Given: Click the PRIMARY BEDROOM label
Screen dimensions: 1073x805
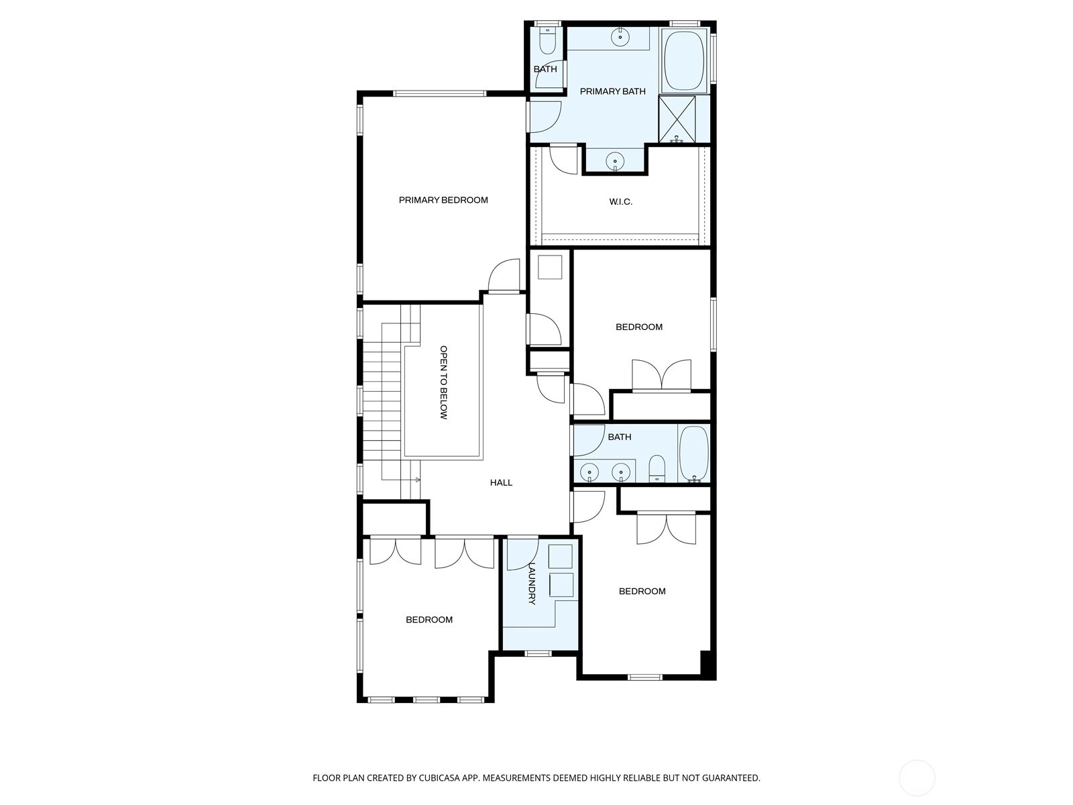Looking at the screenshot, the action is pyautogui.click(x=443, y=200).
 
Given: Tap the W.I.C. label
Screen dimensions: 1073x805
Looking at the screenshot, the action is pyautogui.click(x=620, y=201).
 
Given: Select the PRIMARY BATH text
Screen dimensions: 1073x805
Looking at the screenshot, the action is pyautogui.click(x=612, y=91).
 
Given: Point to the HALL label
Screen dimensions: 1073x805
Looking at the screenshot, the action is pyautogui.click(x=501, y=482).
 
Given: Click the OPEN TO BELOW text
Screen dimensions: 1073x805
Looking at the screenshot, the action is pyautogui.click(x=443, y=382).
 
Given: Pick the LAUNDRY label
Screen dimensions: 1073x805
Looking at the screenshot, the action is pyautogui.click(x=532, y=583).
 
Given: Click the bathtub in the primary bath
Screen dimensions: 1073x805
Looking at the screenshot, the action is pyautogui.click(x=684, y=60).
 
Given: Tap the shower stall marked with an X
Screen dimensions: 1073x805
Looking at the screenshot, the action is pyautogui.click(x=677, y=119).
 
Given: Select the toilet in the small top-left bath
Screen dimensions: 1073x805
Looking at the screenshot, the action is pyautogui.click(x=547, y=41).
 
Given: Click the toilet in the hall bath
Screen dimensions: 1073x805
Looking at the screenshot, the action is pyautogui.click(x=657, y=469).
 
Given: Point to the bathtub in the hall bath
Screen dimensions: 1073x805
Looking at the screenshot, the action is pyautogui.click(x=693, y=453).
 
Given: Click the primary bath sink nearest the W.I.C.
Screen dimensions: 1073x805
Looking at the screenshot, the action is pyautogui.click(x=615, y=161).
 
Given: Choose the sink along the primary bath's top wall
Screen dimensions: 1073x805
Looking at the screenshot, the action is pyautogui.click(x=620, y=37).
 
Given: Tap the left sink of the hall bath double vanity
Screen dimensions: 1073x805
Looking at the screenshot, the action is pyautogui.click(x=589, y=473).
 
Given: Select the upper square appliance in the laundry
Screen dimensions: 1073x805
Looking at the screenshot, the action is pyautogui.click(x=560, y=556).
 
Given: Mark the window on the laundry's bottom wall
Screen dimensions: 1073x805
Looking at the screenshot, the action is pyautogui.click(x=538, y=653).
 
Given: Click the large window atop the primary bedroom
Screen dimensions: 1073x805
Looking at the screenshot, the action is pyautogui.click(x=439, y=93).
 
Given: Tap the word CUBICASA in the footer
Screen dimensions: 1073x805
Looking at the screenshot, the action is pyautogui.click(x=439, y=777).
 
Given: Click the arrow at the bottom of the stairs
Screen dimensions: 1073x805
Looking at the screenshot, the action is pyautogui.click(x=417, y=480).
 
